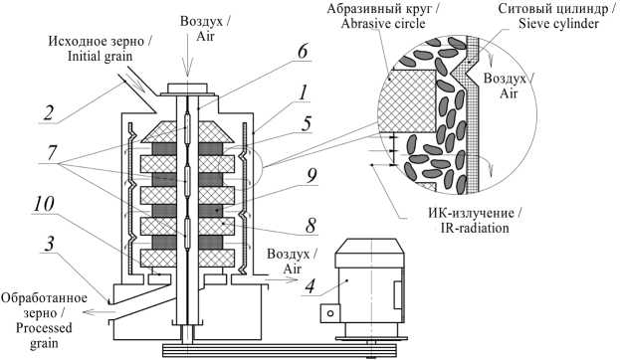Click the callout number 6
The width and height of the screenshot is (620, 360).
[303, 52]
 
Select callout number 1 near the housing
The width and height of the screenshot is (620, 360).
[303, 93]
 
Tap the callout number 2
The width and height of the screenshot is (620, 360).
[48, 112]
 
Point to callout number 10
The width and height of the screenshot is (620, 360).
[44, 205]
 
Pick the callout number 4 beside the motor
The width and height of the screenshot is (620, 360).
[310, 285]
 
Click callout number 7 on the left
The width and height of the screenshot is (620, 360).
[52, 152]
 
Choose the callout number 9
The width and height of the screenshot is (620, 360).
[311, 175]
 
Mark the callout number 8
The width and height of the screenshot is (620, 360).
[310, 225]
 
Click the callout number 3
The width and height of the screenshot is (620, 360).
[49, 244]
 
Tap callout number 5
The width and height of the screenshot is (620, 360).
[306, 123]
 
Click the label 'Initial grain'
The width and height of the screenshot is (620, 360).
[101, 56]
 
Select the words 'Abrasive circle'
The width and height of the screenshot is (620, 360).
[383, 24]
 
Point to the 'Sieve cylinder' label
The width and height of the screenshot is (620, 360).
[558, 24]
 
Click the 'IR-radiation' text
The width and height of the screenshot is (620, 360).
[474, 228]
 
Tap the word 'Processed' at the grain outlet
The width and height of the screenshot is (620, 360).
[44, 328]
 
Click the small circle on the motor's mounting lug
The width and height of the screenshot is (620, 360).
[331, 313]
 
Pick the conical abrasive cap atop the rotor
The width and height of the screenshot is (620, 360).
[187, 131]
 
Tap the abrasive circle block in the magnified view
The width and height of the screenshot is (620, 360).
[406, 100]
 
